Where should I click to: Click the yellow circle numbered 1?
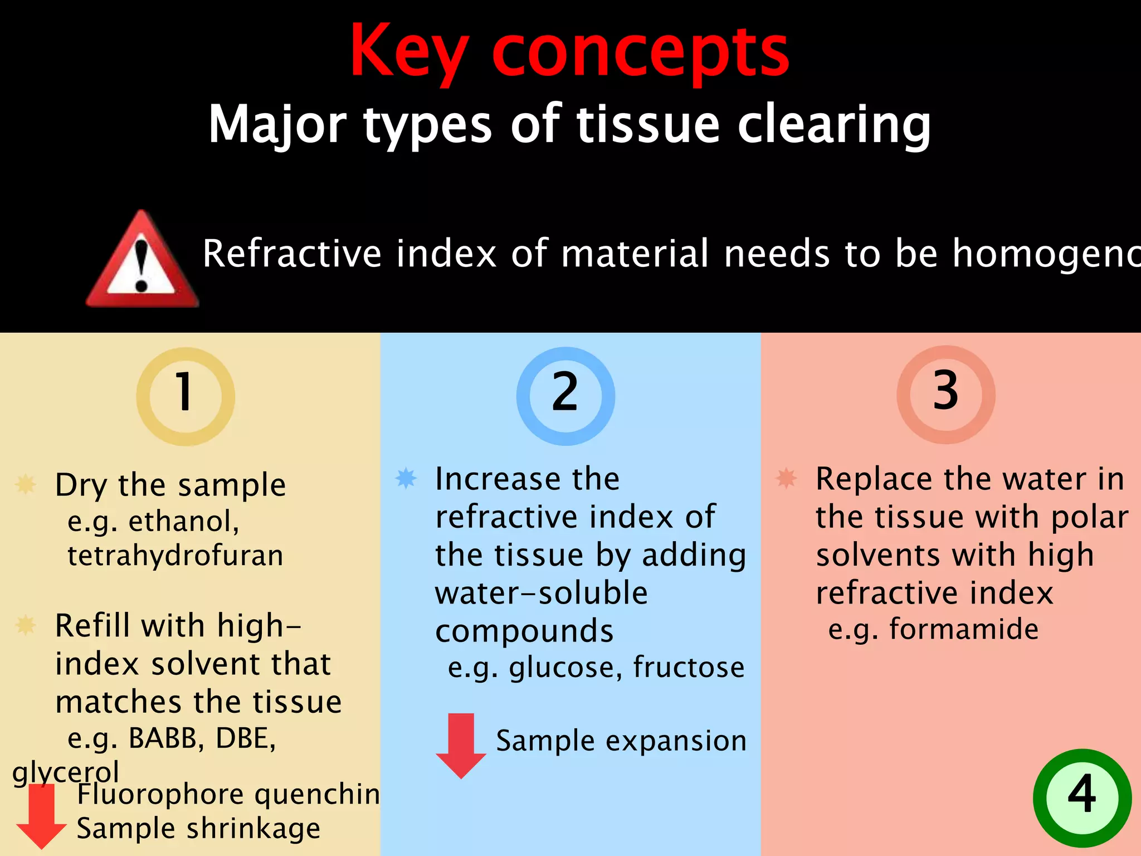(185, 396)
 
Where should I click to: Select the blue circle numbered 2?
(565, 396)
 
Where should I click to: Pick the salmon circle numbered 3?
(945, 395)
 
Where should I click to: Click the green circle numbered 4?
(1082, 798)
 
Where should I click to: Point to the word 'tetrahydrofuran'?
(175, 556)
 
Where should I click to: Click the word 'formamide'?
(964, 629)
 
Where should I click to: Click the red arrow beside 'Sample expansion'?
(461, 745)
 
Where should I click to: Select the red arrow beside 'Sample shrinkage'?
(41, 816)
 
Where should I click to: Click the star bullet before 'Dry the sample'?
(26, 484)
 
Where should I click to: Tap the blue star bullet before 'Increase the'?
(406, 478)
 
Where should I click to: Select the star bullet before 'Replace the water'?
(786, 478)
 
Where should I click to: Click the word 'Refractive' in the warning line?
(291, 254)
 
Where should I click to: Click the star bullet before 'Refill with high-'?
(26, 625)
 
